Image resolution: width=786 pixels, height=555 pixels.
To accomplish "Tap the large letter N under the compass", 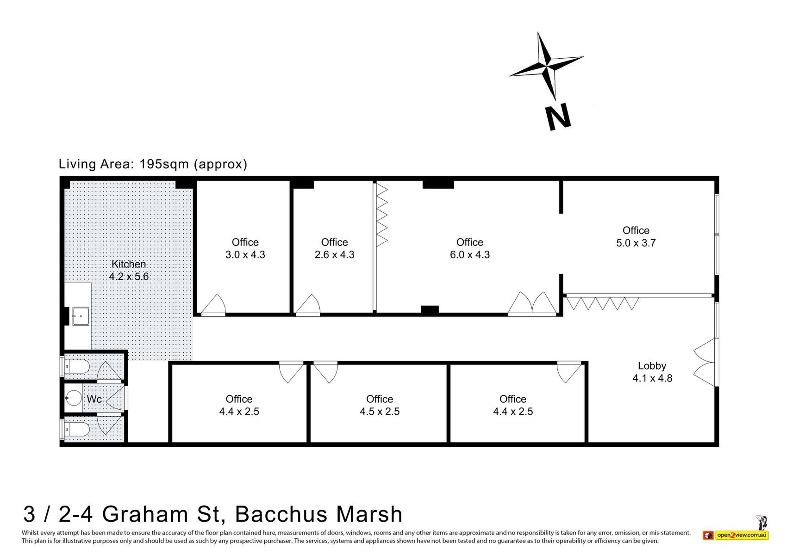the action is click(558, 117).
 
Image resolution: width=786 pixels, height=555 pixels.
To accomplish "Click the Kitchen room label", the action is click(128, 264).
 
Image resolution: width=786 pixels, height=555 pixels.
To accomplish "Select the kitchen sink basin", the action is click(81, 316).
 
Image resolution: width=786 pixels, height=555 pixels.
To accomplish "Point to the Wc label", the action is click(94, 399).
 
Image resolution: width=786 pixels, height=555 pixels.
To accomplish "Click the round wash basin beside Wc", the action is click(73, 398).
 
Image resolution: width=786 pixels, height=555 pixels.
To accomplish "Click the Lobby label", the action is click(652, 366).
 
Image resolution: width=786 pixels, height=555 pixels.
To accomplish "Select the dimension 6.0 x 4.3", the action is click(470, 254).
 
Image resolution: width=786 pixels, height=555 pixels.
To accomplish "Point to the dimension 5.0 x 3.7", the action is click(636, 243).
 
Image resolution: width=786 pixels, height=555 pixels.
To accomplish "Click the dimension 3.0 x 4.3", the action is click(245, 254).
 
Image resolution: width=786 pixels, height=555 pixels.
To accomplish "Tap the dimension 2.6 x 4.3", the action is click(334, 254).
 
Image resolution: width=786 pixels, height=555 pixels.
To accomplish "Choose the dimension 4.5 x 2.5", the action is click(380, 411).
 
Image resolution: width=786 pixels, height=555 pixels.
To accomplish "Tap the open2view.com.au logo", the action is click(736, 535).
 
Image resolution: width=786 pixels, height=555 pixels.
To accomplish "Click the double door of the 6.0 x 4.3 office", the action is click(532, 303).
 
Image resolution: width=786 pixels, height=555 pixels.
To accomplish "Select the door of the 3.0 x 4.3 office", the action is click(213, 305).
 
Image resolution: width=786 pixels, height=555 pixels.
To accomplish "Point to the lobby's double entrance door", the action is click(705, 362).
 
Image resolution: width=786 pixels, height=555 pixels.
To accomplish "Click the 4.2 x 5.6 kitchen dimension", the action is click(129, 277).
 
